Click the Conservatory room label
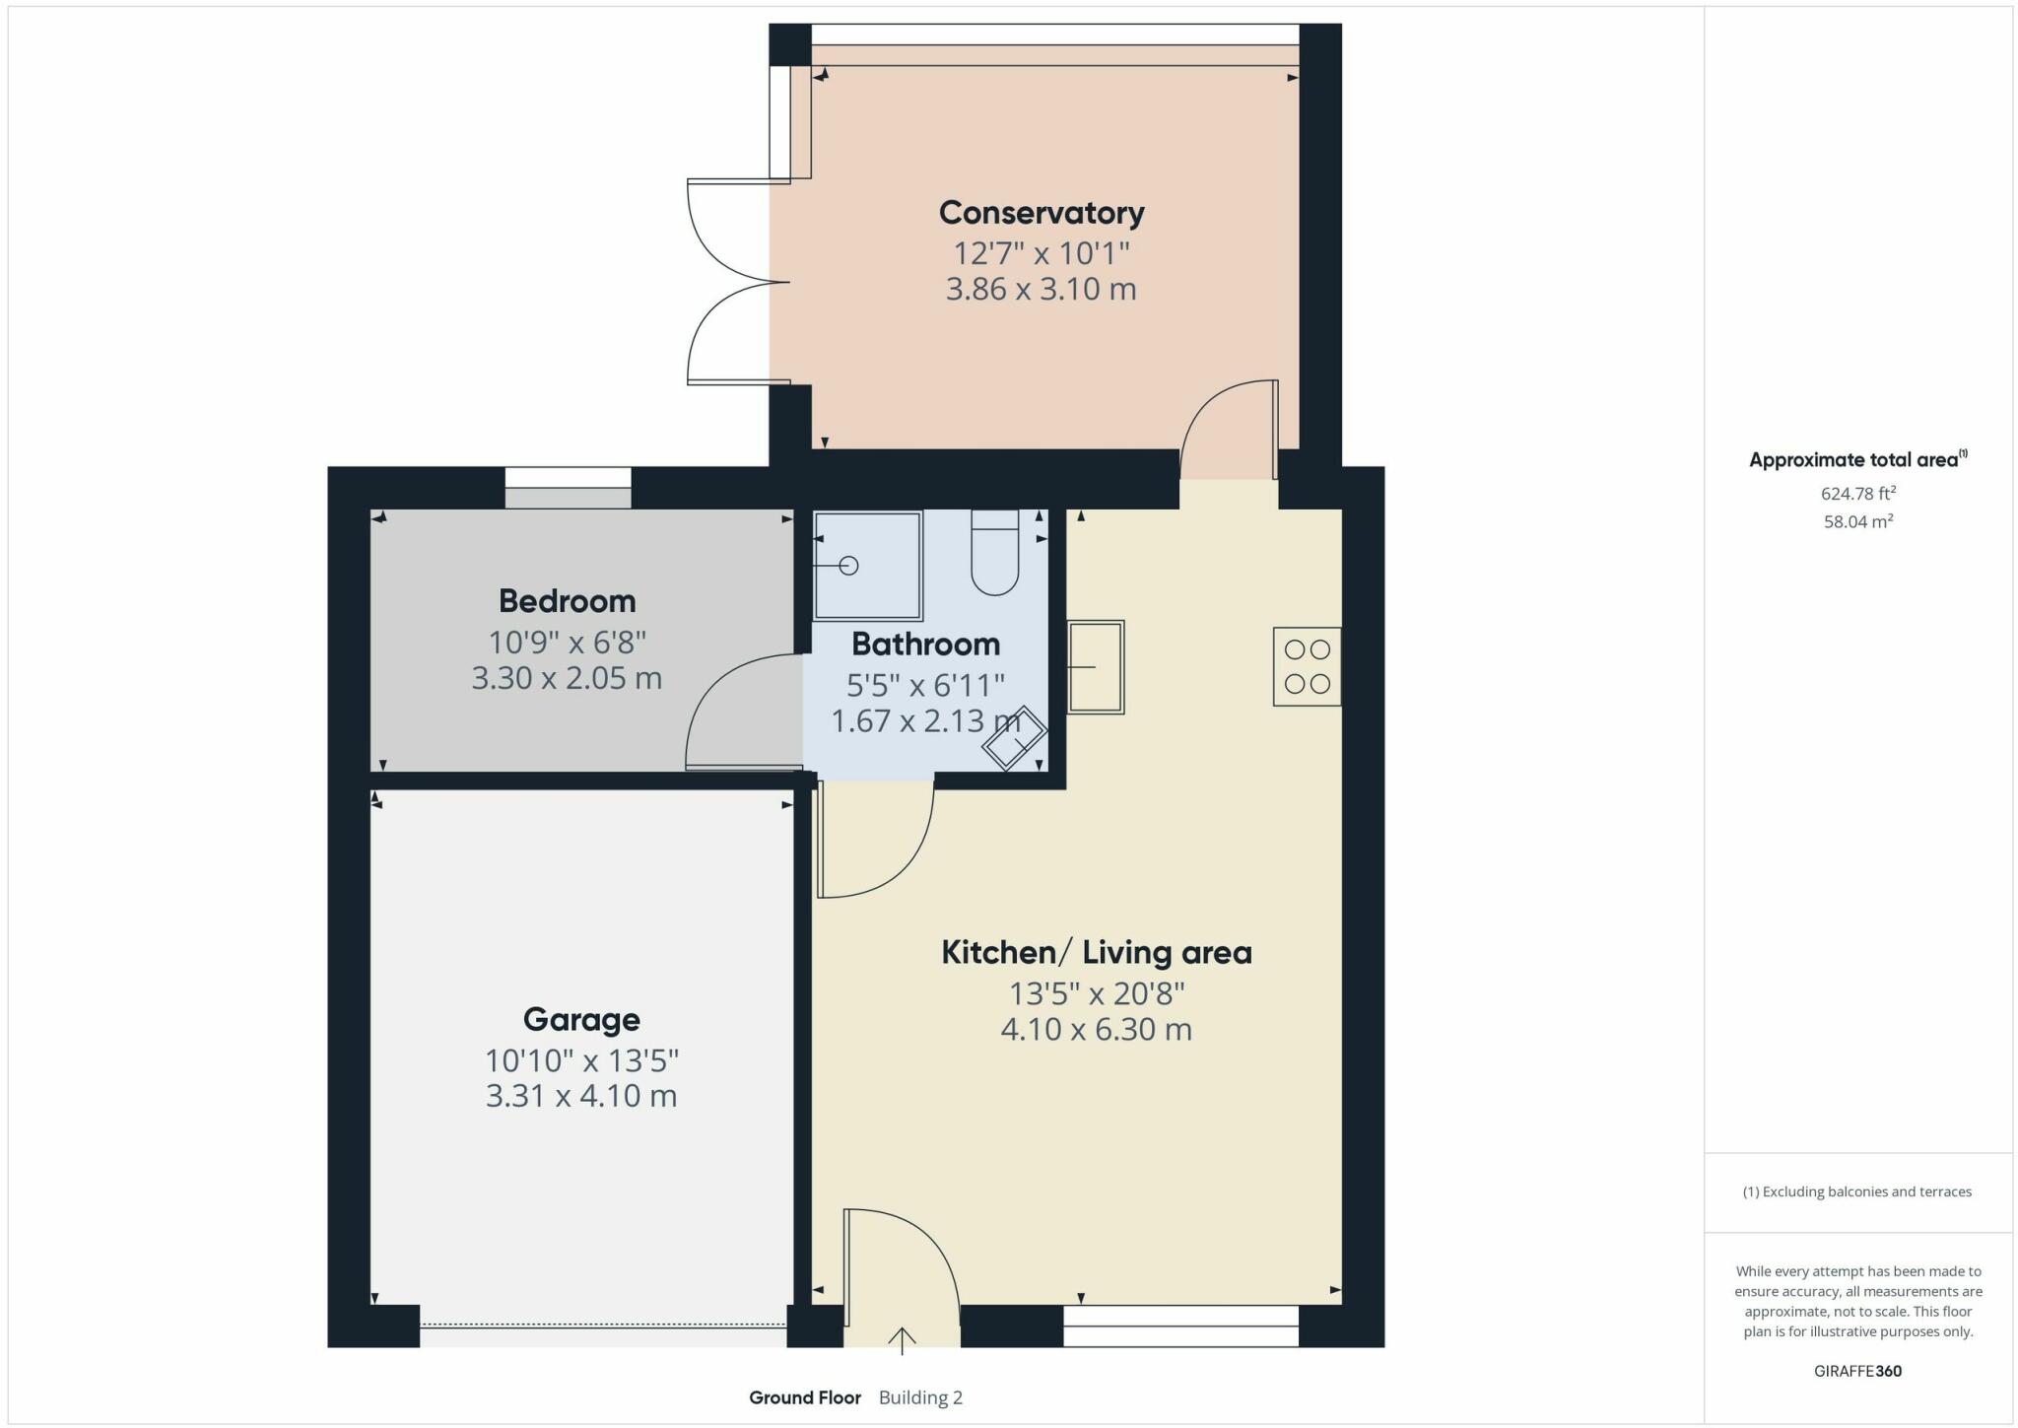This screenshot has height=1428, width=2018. coord(1041,213)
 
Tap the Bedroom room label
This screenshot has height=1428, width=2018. coord(567,601)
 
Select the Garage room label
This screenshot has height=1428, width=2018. coord(581,1019)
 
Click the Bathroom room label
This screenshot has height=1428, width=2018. coord(925,645)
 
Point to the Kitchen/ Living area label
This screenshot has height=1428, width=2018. coord(1096,953)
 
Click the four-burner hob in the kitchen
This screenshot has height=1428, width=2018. coord(1307,666)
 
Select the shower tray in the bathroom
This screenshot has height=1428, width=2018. coord(868,566)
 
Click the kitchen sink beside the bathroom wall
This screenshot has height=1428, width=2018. coord(1096,666)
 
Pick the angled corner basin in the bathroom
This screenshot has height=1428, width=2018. coord(1014,737)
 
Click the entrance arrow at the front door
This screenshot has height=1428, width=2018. coord(902,1340)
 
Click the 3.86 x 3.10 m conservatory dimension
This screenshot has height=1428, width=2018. coord(1041,290)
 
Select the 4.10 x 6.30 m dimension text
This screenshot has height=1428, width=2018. coord(1096,1030)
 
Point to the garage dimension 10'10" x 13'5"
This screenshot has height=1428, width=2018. coord(581,1061)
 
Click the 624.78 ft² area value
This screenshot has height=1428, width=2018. coord(1857,494)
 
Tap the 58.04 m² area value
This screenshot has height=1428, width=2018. coord(1857,521)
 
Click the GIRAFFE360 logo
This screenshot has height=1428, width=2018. coord(1857,1371)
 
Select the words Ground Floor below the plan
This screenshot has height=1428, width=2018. coord(805,1397)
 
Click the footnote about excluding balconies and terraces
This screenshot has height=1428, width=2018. coord(1857,1192)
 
